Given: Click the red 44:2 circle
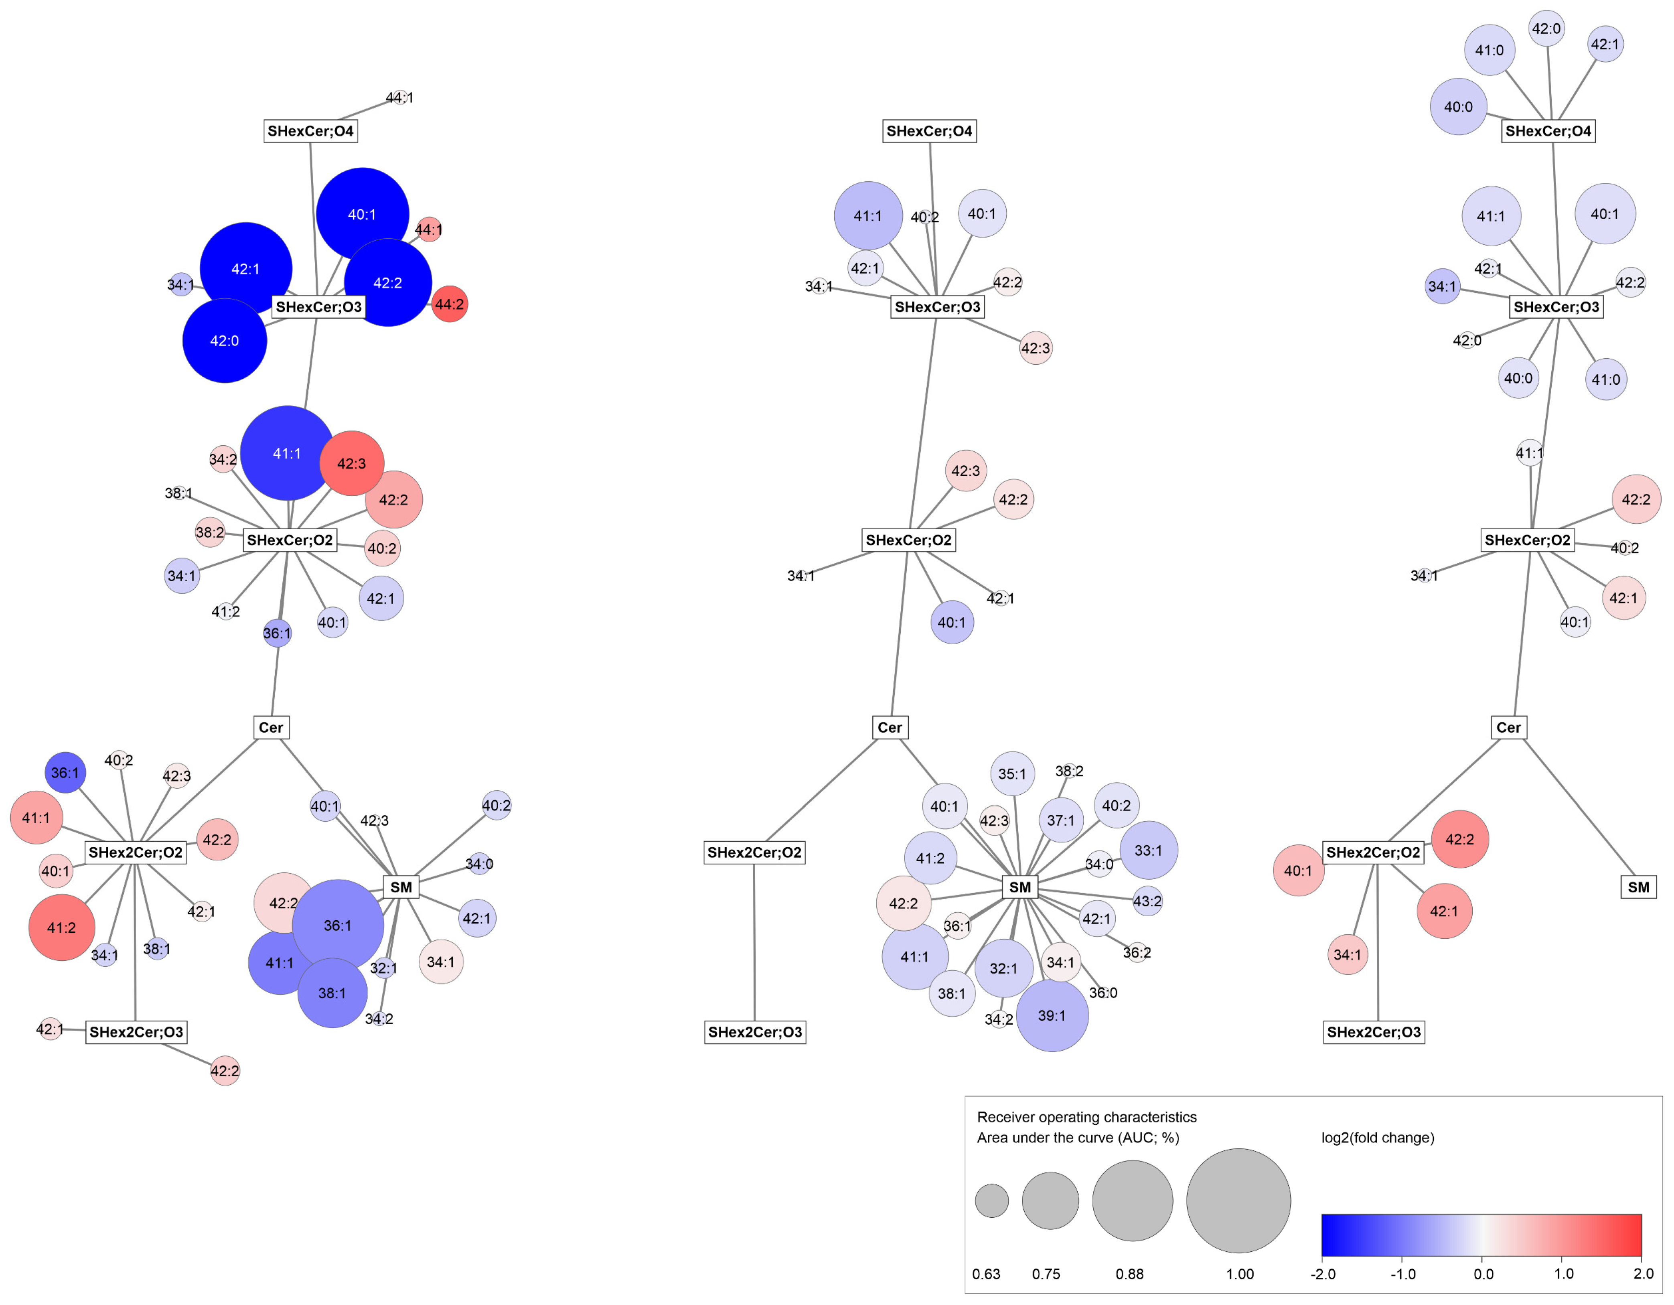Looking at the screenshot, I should pyautogui.click(x=449, y=304).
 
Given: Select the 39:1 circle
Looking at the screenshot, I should pyautogui.click(x=1052, y=1015).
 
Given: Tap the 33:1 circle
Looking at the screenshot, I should pyautogui.click(x=1148, y=850).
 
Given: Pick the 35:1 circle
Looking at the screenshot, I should pyautogui.click(x=1012, y=773).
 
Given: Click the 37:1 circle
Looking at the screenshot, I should pyautogui.click(x=1061, y=820).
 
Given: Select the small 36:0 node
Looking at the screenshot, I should pyautogui.click(x=1103, y=993).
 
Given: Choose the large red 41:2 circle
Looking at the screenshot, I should pyautogui.click(x=61, y=928).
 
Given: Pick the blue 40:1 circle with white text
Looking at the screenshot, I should pyautogui.click(x=362, y=214).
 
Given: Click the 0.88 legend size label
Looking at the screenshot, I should pyautogui.click(x=1129, y=1275).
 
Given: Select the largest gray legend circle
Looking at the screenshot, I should pyautogui.click(x=1238, y=1201).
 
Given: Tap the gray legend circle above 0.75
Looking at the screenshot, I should pyautogui.click(x=1050, y=1201).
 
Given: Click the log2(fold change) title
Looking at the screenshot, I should pyautogui.click(x=1377, y=1138).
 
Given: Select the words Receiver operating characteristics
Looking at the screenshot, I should pyautogui.click(x=1086, y=1117).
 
